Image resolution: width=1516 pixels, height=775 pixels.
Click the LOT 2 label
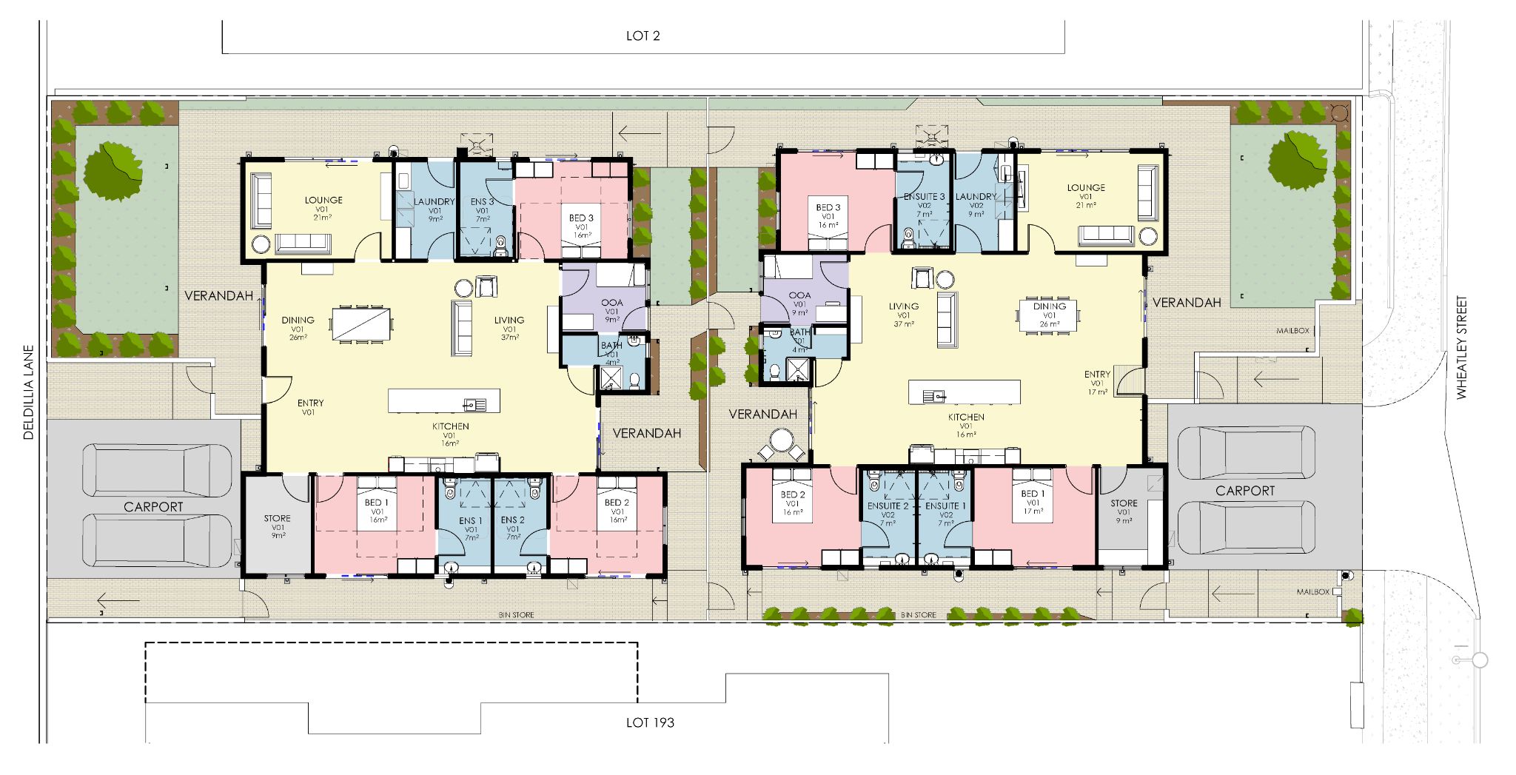pyautogui.click(x=643, y=36)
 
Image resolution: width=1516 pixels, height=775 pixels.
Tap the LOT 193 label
pyautogui.click(x=650, y=722)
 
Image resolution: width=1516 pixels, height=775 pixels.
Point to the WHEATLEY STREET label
pyautogui.click(x=1461, y=348)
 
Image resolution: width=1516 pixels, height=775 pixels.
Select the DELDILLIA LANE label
pyautogui.click(x=29, y=392)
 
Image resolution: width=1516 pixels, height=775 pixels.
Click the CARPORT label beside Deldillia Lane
pyautogui.click(x=153, y=507)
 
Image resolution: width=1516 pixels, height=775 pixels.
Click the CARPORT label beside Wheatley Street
pyautogui.click(x=1245, y=491)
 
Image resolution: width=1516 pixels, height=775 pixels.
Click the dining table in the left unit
pyautogui.click(x=361, y=324)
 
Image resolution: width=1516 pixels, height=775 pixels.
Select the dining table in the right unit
pyautogui.click(x=1049, y=315)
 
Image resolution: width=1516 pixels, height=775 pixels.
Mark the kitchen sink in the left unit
pyautogui.click(x=474, y=404)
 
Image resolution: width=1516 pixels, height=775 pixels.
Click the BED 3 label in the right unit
pyautogui.click(x=828, y=207)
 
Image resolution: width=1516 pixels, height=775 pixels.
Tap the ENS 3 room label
pyautogui.click(x=482, y=201)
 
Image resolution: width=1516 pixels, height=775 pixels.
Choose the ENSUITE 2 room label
pyautogui.click(x=888, y=506)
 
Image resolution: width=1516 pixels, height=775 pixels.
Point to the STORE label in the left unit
pyautogui.click(x=278, y=518)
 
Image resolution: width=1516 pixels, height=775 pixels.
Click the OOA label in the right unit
pyautogui.click(x=799, y=295)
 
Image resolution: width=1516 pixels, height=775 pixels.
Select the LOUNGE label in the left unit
pyautogui.click(x=323, y=200)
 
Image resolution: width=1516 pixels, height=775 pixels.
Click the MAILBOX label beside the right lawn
pyautogui.click(x=1292, y=331)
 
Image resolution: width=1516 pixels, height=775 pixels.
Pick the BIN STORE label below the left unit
pyautogui.click(x=516, y=615)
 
